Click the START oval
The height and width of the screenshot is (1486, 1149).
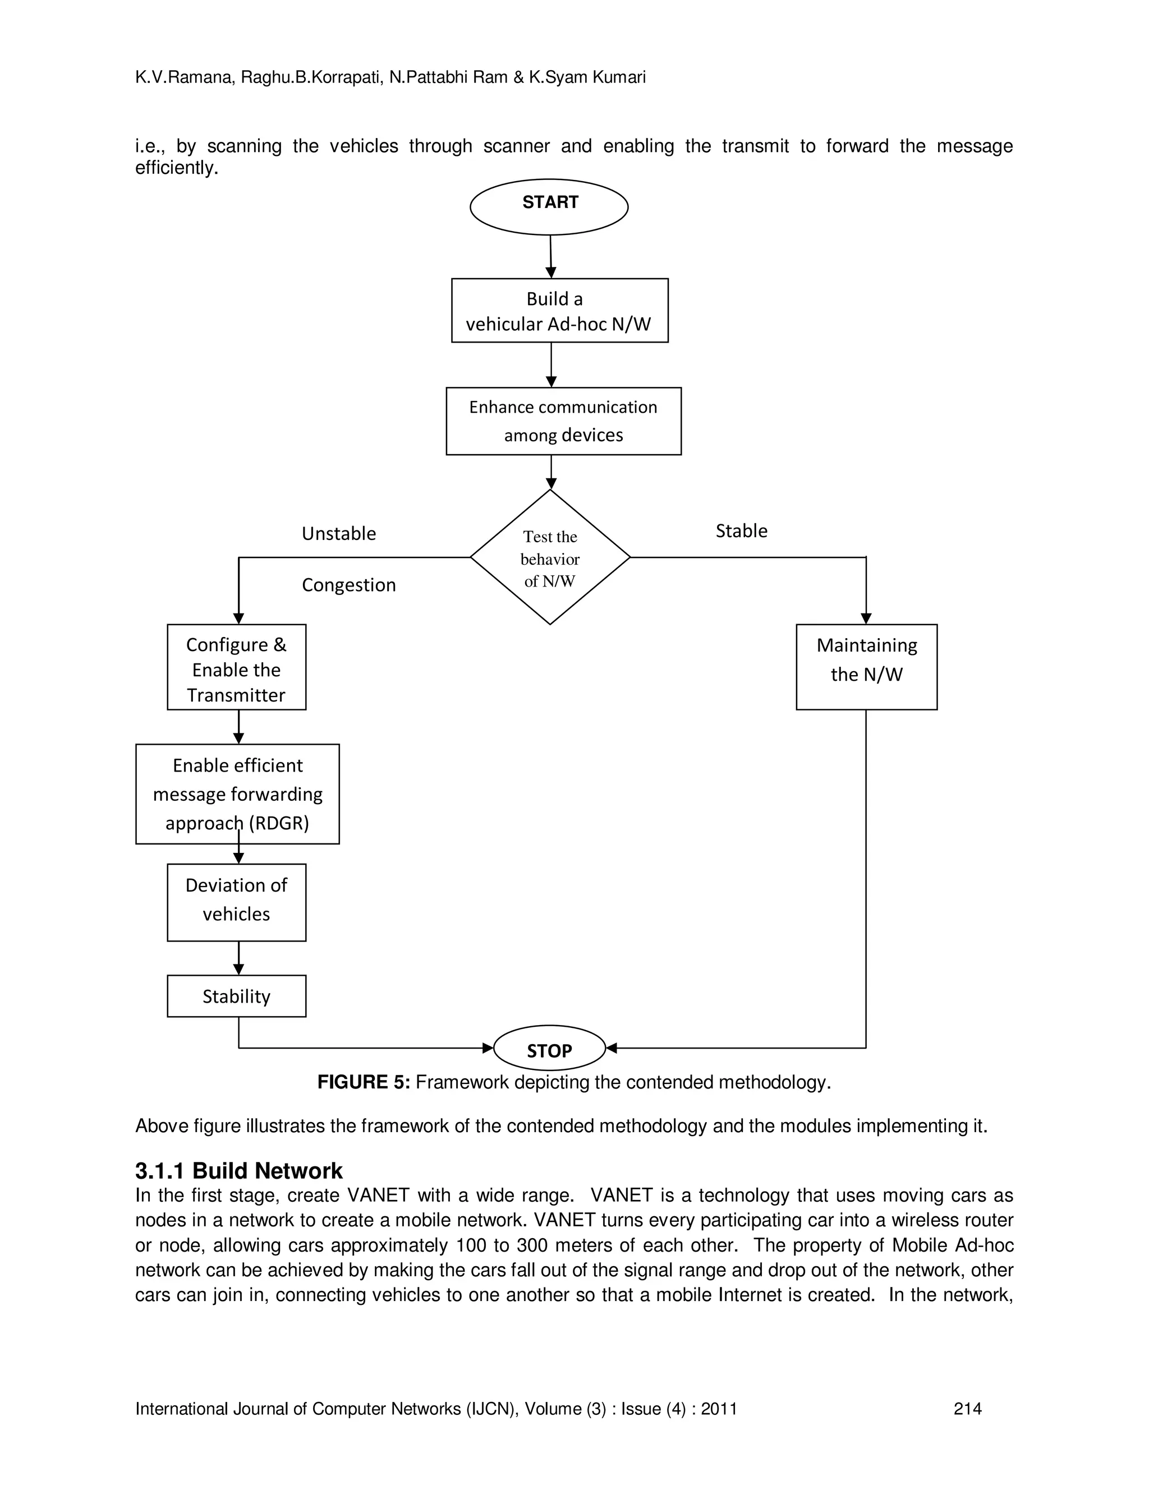coord(549,206)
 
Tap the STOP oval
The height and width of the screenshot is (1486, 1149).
coord(549,1050)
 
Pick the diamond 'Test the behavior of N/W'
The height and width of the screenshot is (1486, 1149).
coord(550,557)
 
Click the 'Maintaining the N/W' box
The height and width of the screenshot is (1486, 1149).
coord(866,667)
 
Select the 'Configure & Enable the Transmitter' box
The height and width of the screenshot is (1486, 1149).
coord(236,667)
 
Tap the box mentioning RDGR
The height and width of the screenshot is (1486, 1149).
coord(237,793)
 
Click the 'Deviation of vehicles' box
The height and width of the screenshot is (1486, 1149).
coord(236,902)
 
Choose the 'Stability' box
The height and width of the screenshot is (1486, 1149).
coord(236,996)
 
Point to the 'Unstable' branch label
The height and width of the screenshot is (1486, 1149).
coord(338,533)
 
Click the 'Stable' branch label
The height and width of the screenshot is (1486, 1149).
coord(741,530)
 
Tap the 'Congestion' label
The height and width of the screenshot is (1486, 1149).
coord(348,585)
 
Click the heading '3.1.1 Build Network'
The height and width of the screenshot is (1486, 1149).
coord(238,1171)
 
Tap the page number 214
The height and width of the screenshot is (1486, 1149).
coord(967,1409)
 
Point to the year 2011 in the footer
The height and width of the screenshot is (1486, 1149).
coord(719,1409)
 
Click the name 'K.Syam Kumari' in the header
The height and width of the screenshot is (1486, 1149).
coord(587,77)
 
